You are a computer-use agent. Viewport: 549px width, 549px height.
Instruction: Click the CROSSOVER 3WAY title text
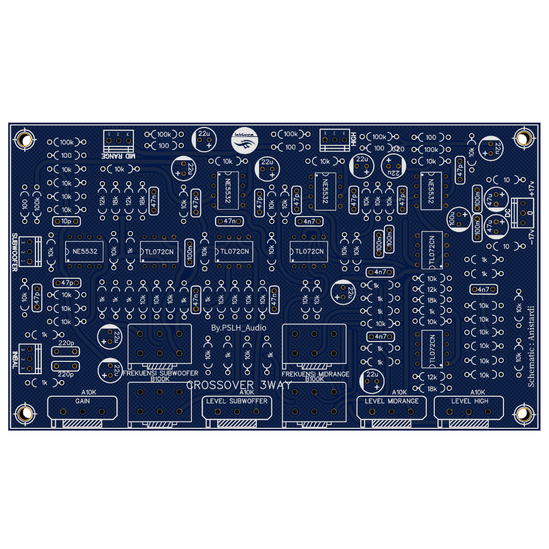[239, 385]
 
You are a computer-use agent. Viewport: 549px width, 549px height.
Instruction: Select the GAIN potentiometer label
[82, 401]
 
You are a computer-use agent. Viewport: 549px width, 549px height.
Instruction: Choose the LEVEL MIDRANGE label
[391, 401]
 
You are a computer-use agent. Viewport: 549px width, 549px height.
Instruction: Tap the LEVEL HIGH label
[470, 401]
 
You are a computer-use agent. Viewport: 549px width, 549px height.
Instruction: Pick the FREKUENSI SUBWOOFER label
[160, 373]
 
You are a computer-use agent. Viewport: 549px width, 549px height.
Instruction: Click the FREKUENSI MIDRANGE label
[315, 374]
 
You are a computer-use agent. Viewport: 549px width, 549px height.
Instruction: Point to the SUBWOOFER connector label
[14, 252]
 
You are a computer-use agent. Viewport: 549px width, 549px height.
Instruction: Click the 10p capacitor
[67, 221]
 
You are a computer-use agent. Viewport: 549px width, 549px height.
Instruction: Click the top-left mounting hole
[24, 140]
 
